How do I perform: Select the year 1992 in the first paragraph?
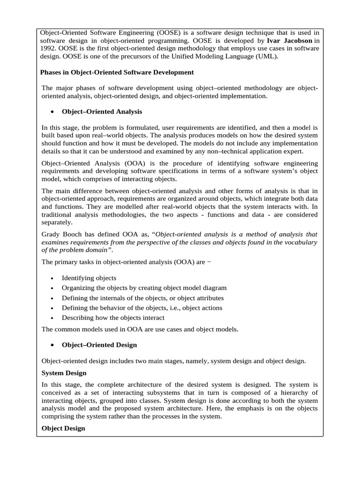49,49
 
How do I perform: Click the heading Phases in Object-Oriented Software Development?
117,73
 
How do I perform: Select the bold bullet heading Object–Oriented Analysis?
102,112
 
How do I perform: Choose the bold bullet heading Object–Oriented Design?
99,345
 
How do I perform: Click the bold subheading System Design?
64,373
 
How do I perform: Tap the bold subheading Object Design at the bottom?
63,428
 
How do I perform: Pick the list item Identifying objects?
89,278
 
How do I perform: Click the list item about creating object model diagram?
144,288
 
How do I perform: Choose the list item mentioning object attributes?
142,298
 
